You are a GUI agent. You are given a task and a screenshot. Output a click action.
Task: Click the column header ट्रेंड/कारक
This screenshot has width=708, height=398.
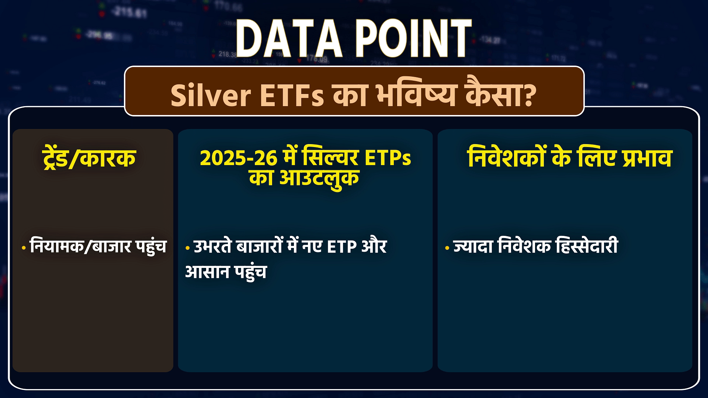pos(89,158)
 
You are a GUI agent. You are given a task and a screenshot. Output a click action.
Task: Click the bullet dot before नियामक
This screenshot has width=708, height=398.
pos(24,248)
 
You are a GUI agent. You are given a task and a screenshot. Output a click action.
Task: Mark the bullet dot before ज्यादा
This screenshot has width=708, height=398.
pos(447,248)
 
